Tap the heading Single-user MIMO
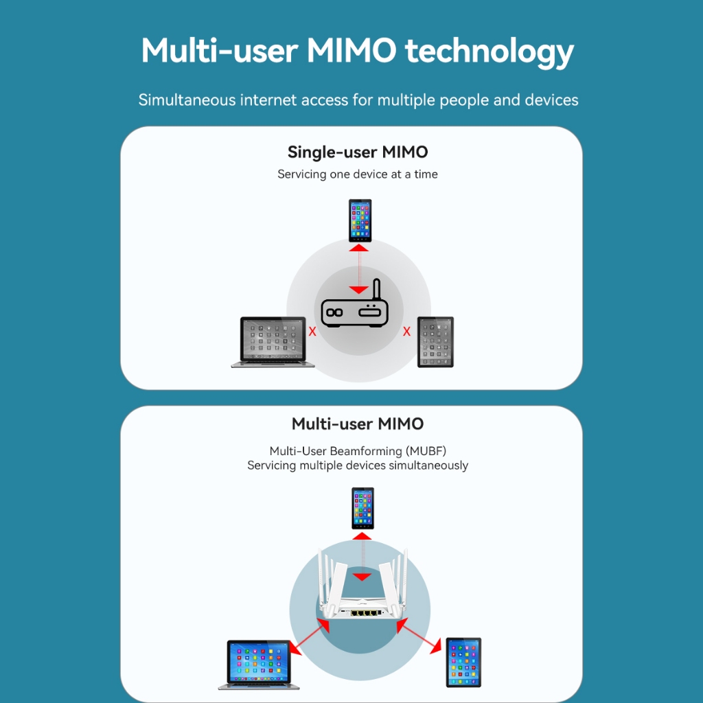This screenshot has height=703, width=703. coord(357,152)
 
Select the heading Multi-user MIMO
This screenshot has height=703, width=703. coord(357,424)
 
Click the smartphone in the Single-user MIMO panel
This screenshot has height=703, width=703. coord(360,220)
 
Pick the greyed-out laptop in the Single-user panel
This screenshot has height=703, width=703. coord(273,342)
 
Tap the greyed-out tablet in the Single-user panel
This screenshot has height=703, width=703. coord(435,342)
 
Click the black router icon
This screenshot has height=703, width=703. coord(353,313)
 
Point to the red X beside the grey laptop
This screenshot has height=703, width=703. coord(312,332)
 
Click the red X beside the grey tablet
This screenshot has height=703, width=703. coord(406,332)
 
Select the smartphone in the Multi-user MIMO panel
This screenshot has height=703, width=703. coord(362,508)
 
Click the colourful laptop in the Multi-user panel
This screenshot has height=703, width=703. coord(259,664)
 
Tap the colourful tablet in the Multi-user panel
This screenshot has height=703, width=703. coord(463,662)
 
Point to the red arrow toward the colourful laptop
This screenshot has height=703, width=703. coord(304,635)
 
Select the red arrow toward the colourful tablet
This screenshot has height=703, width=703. coord(419,635)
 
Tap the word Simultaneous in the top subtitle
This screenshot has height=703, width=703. coord(187,100)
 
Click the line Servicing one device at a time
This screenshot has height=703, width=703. coord(357,174)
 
